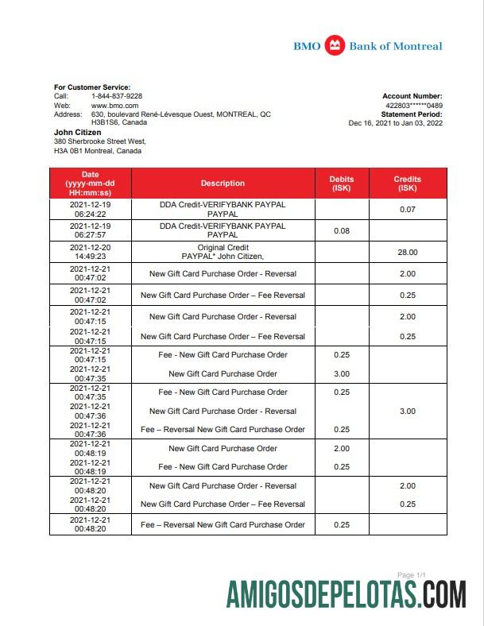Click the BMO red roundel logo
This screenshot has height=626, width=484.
335,46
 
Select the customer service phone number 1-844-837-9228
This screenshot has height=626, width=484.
117,96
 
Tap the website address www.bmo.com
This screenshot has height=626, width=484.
115,105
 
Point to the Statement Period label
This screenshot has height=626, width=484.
412,114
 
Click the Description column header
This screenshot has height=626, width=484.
223,184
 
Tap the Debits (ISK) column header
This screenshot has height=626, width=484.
342,184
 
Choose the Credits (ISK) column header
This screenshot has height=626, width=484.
407,184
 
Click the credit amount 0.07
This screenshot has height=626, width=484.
407,209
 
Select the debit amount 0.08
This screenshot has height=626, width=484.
342,230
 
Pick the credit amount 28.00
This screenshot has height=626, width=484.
407,252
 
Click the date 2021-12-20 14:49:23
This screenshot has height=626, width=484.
90,252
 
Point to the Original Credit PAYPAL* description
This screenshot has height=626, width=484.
223,252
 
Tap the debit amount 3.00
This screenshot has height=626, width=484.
342,373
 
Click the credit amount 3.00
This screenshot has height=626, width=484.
407,411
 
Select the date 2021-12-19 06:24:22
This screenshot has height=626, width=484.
90,209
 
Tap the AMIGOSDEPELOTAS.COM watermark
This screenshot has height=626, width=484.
346,595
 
